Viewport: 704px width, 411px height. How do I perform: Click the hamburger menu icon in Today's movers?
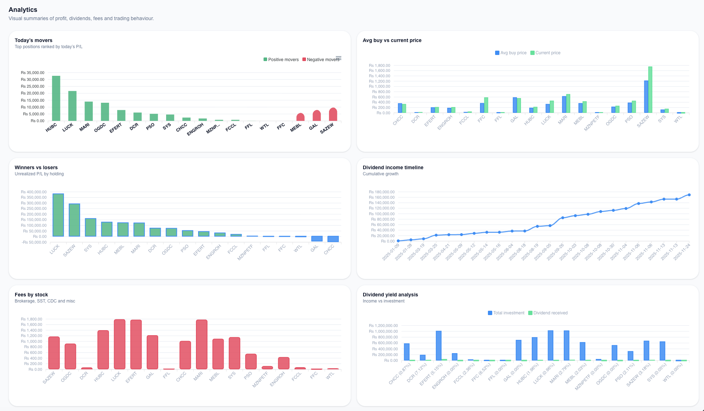tap(338, 58)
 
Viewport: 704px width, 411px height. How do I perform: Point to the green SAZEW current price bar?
tap(650, 90)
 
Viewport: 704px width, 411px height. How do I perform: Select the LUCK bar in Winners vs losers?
tap(58, 215)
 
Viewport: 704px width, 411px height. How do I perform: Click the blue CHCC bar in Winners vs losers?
tap(333, 239)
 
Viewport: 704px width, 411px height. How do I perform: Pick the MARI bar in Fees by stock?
tap(202, 344)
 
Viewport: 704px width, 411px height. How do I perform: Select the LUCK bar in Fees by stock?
tap(120, 344)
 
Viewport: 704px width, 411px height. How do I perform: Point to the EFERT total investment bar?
tap(439, 346)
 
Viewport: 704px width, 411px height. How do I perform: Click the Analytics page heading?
tap(23, 10)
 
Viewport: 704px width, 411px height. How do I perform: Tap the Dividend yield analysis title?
tap(390, 295)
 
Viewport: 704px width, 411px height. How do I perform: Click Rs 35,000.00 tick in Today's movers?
tap(32, 73)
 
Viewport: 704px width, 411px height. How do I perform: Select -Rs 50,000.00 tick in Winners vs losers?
tap(34, 242)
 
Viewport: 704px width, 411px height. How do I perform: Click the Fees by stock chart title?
tap(31, 295)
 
